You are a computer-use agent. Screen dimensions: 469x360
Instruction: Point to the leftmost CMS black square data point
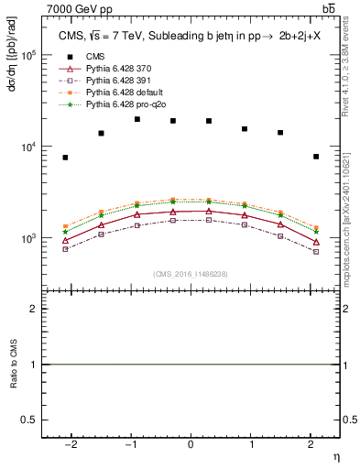pyautogui.click(x=65, y=158)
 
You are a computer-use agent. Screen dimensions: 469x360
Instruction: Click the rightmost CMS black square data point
pyautogui.click(x=316, y=157)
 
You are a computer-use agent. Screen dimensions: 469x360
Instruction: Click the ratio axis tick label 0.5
pyautogui.click(x=30, y=420)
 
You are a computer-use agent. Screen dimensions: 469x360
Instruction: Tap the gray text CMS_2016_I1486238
pyautogui.click(x=190, y=274)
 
